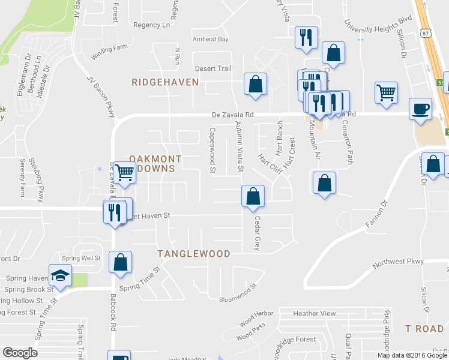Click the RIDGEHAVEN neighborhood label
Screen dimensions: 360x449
coord(165,82)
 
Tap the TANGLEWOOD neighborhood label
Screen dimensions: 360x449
coord(194,254)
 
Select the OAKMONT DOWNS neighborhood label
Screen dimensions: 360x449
coord(146,164)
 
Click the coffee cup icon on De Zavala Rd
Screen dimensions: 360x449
coord(420,109)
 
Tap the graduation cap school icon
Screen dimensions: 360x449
coord(60,275)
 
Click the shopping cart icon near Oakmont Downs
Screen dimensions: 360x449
coord(125,173)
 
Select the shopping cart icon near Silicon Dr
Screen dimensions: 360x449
coord(386,93)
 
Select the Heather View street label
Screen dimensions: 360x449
coord(315,313)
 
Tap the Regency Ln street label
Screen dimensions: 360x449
coord(152,25)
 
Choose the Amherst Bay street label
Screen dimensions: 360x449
coord(211,39)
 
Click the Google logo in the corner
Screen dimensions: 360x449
coord(20,353)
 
